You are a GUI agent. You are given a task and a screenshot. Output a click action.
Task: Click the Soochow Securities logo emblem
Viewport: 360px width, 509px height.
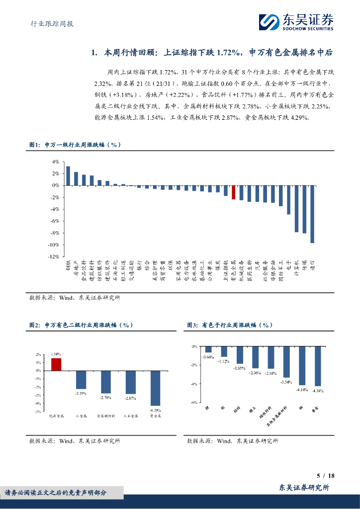[269, 22]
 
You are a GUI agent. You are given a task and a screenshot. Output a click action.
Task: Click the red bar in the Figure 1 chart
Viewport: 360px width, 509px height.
[233, 192]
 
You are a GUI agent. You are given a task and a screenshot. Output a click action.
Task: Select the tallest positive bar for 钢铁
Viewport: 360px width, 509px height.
[68, 175]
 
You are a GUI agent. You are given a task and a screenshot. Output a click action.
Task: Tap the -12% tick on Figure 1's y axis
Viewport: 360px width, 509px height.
[53, 256]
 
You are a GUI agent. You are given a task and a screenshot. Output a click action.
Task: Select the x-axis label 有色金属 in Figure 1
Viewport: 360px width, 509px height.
[233, 271]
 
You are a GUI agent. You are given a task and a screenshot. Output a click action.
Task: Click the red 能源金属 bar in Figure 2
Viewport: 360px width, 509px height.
[56, 364]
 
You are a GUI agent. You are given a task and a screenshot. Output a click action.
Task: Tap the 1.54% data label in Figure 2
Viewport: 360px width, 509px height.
[56, 354]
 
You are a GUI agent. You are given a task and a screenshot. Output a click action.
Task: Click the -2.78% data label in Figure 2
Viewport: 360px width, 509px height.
[106, 397]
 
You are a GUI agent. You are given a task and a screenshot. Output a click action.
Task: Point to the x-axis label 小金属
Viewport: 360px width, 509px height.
[81, 416]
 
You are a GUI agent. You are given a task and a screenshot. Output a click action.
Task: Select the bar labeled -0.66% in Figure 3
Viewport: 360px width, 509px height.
[208, 349]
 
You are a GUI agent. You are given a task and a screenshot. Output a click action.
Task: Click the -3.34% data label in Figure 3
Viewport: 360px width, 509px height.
[286, 382]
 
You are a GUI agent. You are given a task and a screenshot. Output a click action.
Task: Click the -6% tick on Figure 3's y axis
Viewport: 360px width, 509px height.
[194, 403]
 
